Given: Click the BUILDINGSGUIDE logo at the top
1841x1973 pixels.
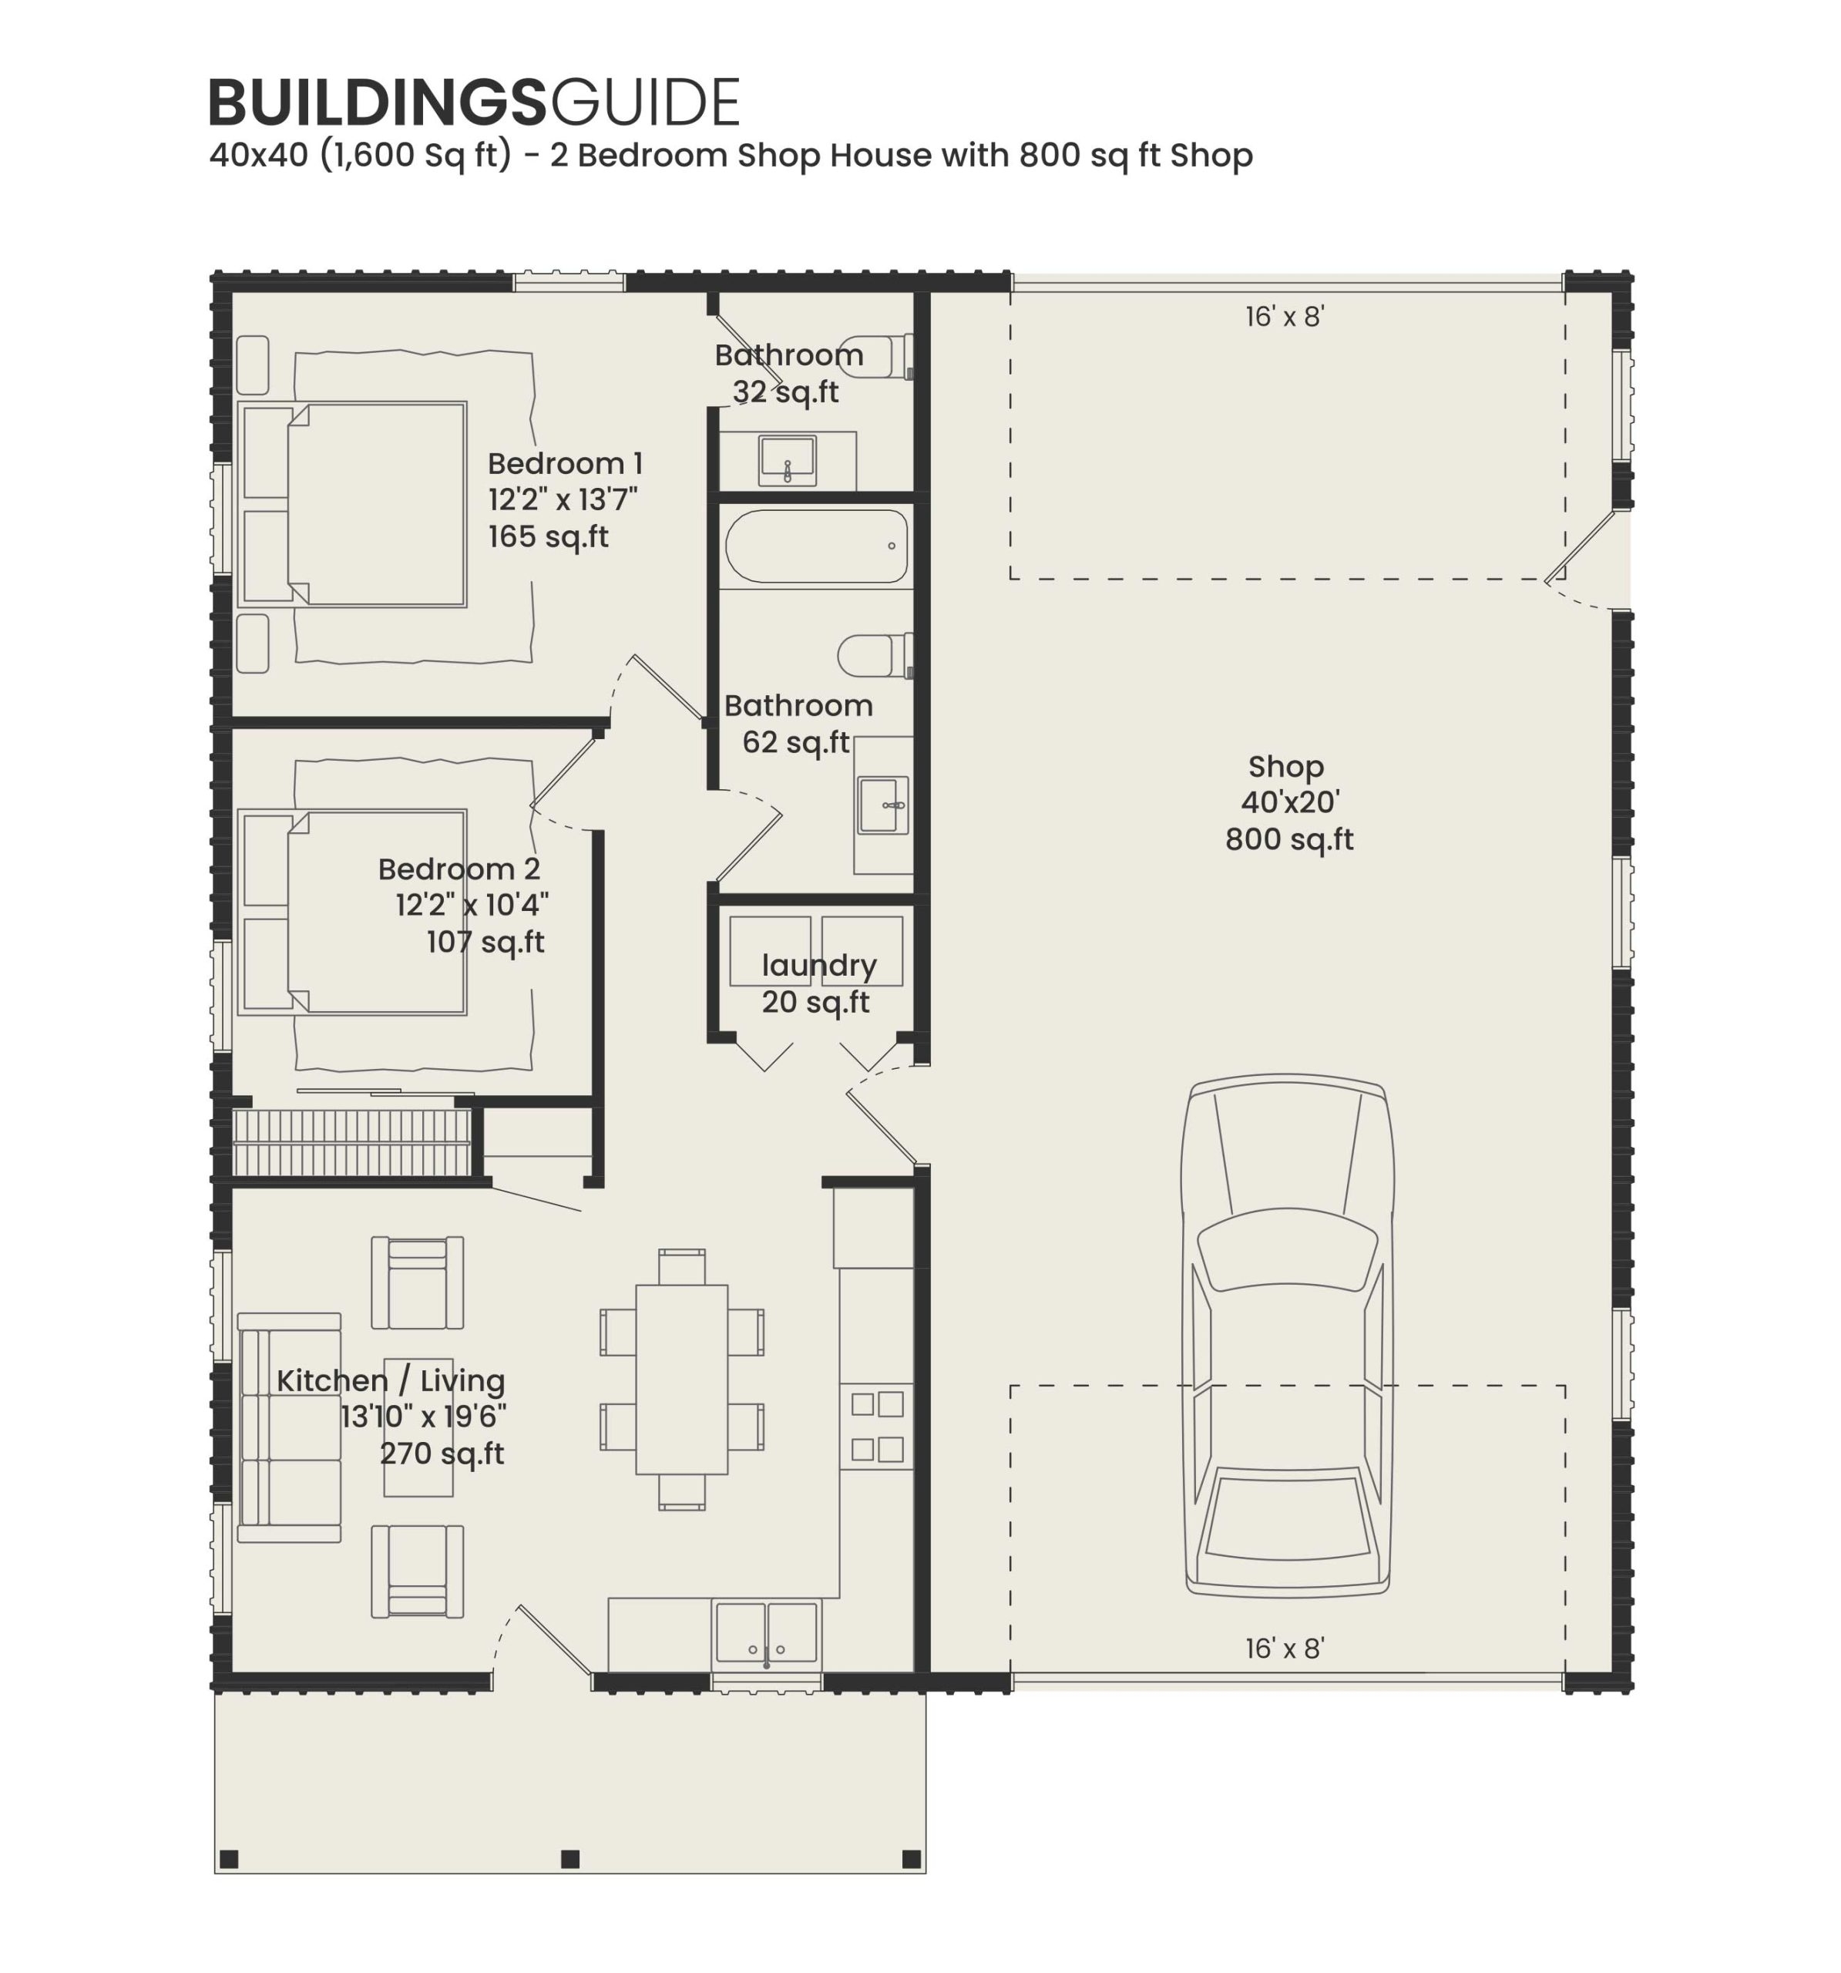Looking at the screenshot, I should (x=473, y=103).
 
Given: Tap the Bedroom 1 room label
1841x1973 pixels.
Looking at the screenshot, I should (x=565, y=463).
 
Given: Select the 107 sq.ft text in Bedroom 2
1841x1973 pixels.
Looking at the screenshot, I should (x=485, y=942).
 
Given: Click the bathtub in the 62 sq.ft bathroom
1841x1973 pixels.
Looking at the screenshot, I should (x=816, y=546).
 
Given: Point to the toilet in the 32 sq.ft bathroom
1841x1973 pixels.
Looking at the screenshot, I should (x=873, y=355).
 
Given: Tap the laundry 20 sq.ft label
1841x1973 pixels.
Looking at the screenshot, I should (x=818, y=983).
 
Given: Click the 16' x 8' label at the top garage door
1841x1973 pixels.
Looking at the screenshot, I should (x=1285, y=317).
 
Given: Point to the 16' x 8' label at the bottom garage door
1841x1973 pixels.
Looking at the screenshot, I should (x=1285, y=1648).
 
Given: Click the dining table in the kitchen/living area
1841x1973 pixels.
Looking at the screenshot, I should (x=682, y=1380).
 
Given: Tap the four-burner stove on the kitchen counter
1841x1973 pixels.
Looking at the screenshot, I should (x=876, y=1426).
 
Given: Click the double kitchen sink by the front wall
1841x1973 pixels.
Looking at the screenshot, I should (x=766, y=1632).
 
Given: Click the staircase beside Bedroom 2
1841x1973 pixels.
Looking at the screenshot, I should (x=351, y=1142).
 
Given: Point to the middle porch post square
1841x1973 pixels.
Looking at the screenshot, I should (x=569, y=1859).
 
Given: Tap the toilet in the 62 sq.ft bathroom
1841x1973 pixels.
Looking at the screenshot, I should (x=873, y=655).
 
